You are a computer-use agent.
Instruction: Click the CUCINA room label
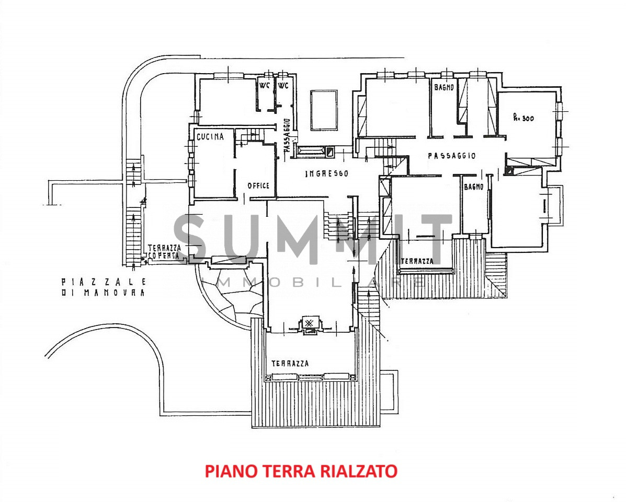click(210, 137)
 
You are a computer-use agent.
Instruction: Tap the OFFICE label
click(258, 185)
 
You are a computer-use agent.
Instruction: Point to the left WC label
click(264, 86)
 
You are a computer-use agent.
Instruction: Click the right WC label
click(283, 86)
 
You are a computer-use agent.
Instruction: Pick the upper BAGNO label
click(443, 87)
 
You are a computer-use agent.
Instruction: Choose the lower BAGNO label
click(474, 187)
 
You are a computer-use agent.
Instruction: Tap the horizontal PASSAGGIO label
click(451, 156)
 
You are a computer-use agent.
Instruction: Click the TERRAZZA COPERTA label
click(164, 252)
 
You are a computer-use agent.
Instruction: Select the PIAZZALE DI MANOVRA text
click(103, 287)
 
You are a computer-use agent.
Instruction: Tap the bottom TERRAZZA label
click(290, 363)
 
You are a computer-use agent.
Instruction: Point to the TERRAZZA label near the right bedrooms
click(417, 261)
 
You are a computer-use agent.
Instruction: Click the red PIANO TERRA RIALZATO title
click(301, 471)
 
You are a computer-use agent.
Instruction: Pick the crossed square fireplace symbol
click(309, 323)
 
